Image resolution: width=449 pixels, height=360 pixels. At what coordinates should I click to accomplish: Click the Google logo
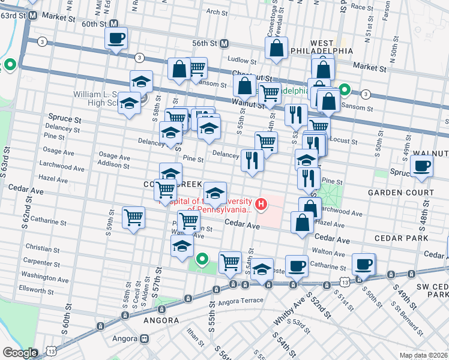[20, 353]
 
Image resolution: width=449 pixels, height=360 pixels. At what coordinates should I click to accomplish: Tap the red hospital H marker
[261, 205]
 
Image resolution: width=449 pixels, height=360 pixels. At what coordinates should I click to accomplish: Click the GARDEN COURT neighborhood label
[401, 193]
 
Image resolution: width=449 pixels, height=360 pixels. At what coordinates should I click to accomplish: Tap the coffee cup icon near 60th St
[116, 38]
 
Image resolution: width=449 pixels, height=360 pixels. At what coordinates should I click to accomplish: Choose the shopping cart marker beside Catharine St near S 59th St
[133, 217]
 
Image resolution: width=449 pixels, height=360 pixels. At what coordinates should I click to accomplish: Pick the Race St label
[362, 7]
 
